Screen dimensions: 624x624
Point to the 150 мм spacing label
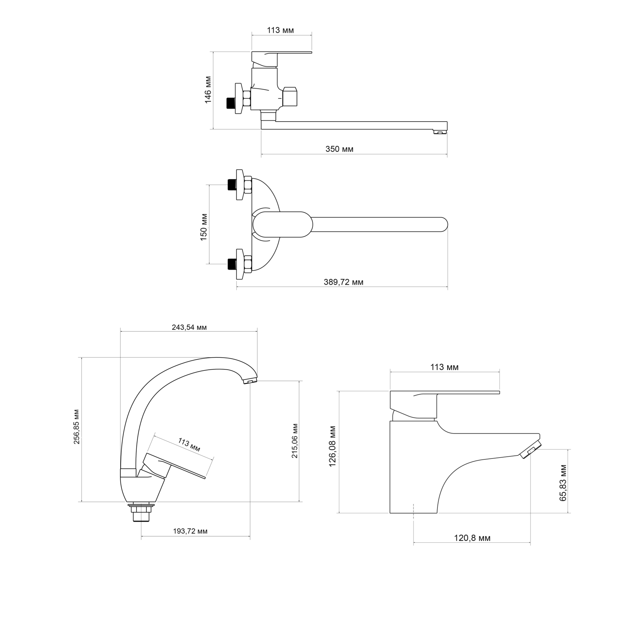pyautogui.click(x=204, y=227)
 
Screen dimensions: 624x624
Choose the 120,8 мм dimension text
pyautogui.click(x=472, y=538)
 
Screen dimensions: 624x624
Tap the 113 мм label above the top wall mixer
pyautogui.click(x=280, y=30)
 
